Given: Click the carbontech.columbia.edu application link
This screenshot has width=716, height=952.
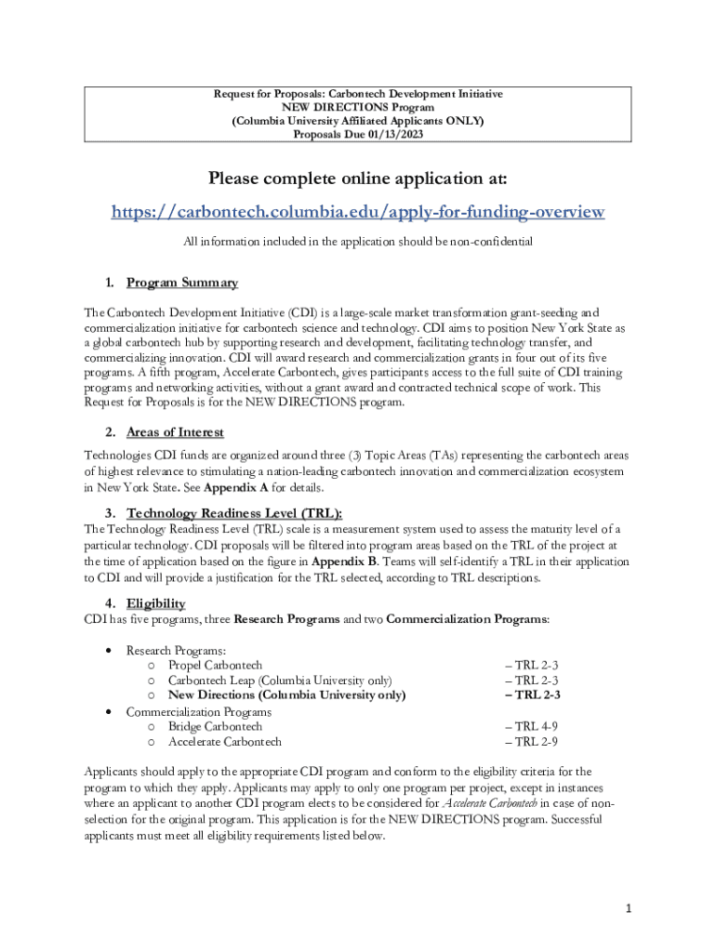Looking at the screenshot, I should pyautogui.click(x=358, y=212).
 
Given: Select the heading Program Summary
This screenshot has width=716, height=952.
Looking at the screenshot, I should pyautogui.click(x=182, y=283).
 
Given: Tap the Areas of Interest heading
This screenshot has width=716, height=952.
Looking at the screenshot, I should pyautogui.click(x=175, y=432).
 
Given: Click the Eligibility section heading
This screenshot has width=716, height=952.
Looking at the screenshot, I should pyautogui.click(x=155, y=603).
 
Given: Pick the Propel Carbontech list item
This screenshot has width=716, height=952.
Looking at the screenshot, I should pyautogui.click(x=215, y=666).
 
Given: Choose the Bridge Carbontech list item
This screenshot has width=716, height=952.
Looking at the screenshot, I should pyautogui.click(x=215, y=726).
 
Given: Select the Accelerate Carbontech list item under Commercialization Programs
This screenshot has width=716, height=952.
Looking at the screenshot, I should pyautogui.click(x=224, y=742).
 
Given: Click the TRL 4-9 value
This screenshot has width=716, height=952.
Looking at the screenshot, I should pyautogui.click(x=532, y=726).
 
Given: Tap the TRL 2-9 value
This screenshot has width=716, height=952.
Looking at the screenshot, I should pyautogui.click(x=532, y=742).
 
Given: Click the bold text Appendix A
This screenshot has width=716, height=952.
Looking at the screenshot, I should pyautogui.click(x=237, y=487).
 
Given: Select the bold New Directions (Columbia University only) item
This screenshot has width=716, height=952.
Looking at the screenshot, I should pyautogui.click(x=286, y=695).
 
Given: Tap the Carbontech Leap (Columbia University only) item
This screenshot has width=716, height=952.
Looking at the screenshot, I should pyautogui.click(x=279, y=681).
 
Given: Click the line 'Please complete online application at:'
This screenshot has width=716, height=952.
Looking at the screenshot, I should pyautogui.click(x=358, y=178).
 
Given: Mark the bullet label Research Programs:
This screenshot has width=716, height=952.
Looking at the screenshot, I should pyautogui.click(x=176, y=651).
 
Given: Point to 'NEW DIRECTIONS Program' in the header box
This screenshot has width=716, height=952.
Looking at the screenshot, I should pyautogui.click(x=358, y=108).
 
